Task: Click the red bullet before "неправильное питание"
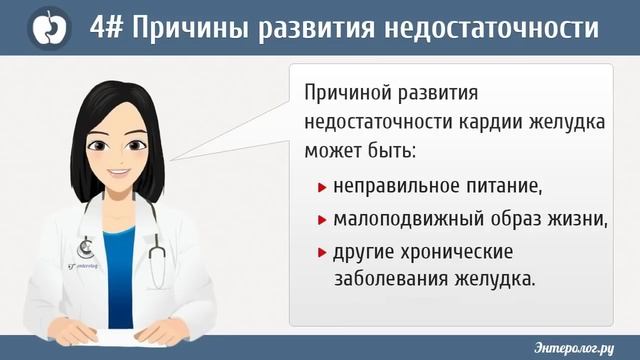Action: click(x=322, y=187)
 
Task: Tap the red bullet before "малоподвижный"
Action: click(x=322, y=219)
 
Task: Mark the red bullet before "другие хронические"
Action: click(x=322, y=251)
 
